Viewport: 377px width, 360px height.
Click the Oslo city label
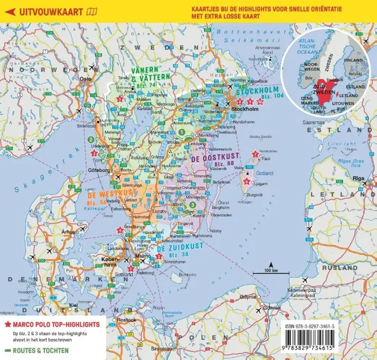pyautogui.click(x=85, y=79)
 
